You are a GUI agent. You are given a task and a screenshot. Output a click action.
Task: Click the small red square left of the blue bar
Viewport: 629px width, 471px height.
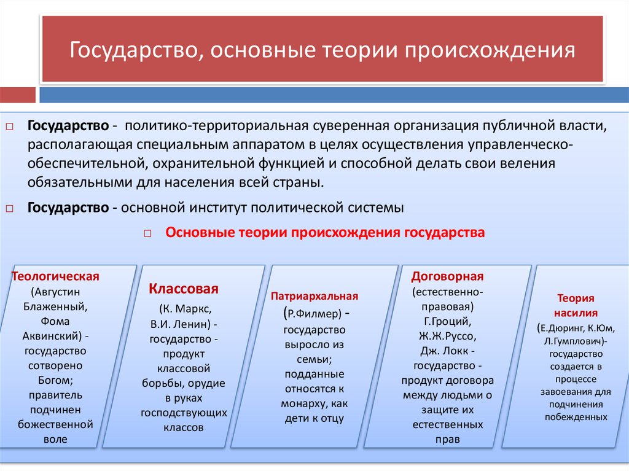18,95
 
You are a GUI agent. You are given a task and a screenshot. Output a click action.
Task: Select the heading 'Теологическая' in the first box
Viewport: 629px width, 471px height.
56,276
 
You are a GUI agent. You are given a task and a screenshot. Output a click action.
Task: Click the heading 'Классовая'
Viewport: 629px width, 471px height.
184,289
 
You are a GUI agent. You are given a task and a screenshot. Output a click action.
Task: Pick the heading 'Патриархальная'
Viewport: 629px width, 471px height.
314,296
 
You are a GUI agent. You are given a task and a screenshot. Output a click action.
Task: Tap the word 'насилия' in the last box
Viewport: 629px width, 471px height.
575,312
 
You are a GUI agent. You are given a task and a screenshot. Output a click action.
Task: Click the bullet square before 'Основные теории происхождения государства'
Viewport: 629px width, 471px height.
148,234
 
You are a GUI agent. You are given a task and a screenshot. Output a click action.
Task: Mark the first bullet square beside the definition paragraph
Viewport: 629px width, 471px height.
9,127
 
